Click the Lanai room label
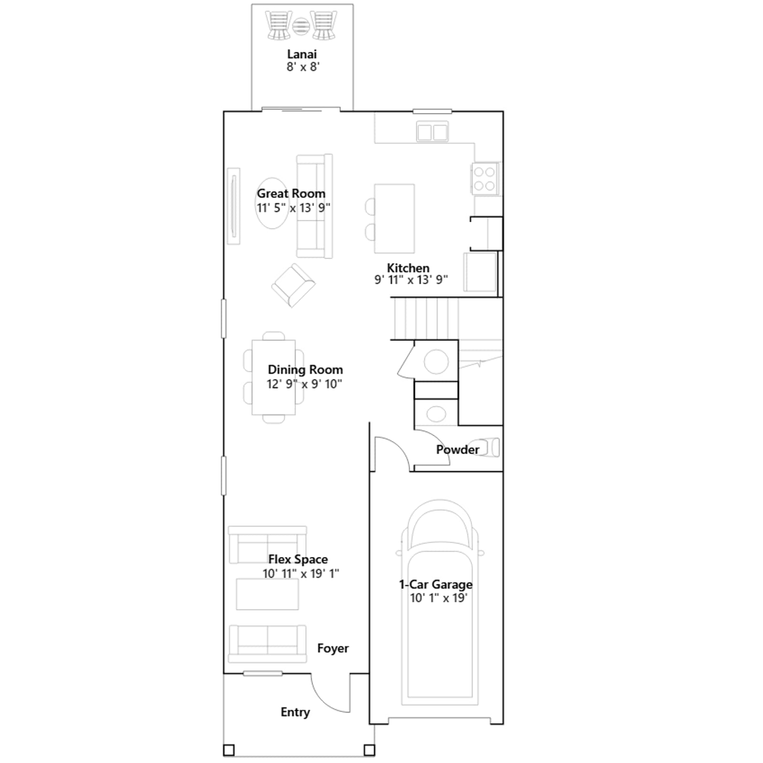pos(302,54)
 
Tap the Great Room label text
pos(291,194)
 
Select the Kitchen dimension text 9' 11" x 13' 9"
pos(411,280)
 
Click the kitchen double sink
pos(432,132)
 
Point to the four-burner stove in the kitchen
pos(485,179)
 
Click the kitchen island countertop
pos(394,218)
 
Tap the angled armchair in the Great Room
pos(293,285)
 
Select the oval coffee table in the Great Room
pos(272,204)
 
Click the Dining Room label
pos(305,370)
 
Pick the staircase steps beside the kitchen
pos(425,319)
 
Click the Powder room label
pos(458,450)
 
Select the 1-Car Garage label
pos(436,585)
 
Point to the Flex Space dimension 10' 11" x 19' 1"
pos(301,574)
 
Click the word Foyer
pos(333,649)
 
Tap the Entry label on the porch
pos(295,712)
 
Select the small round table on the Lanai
pos(301,26)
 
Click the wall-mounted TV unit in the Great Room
pos(234,206)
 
